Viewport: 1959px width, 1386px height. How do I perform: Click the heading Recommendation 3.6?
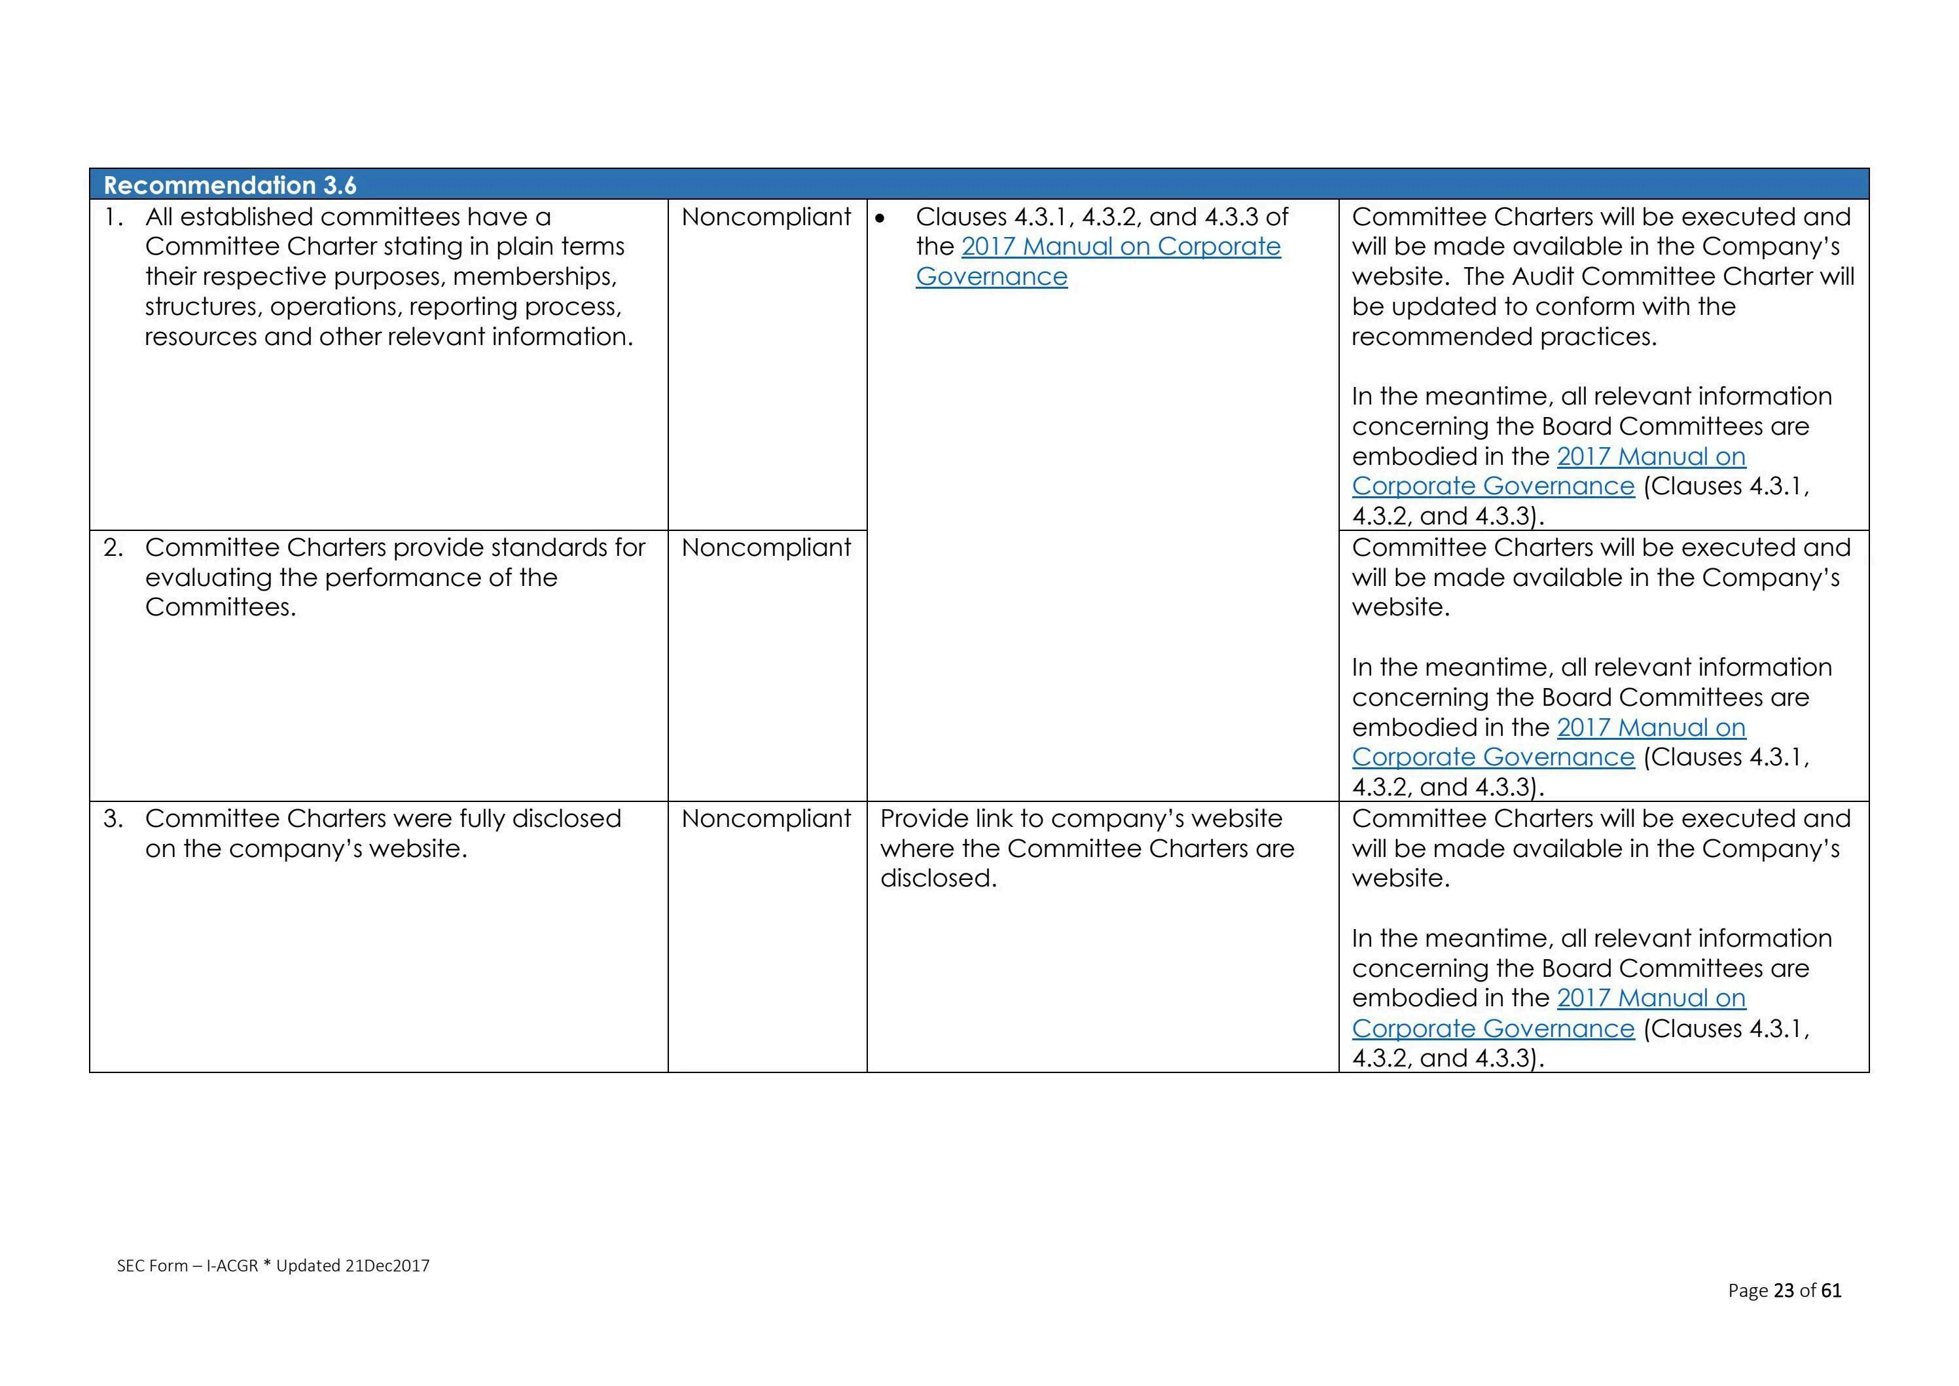click(x=230, y=185)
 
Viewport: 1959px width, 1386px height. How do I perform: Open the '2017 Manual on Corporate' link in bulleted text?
click(x=1121, y=247)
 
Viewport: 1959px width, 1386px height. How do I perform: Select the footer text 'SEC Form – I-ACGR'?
click(x=187, y=1266)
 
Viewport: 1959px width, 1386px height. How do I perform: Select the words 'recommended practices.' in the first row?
click(x=1503, y=337)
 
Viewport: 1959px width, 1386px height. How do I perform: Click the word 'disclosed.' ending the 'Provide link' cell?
click(x=938, y=878)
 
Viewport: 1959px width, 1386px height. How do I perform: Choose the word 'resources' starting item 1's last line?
click(x=200, y=337)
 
